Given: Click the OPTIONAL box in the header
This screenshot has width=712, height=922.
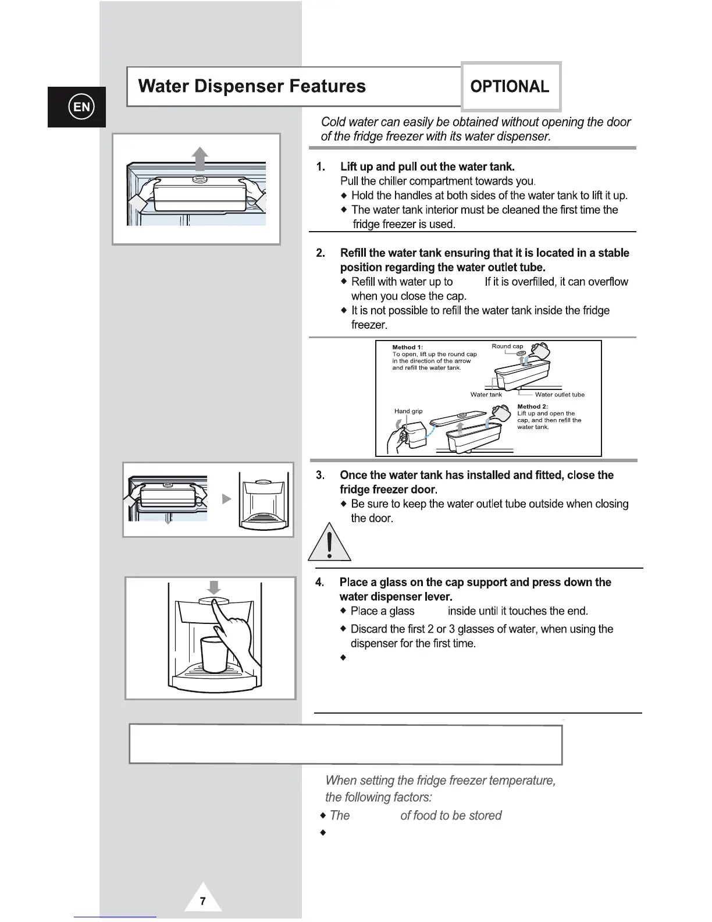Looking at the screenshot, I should click(x=510, y=87).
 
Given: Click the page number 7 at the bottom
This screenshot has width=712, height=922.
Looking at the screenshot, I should click(x=202, y=902).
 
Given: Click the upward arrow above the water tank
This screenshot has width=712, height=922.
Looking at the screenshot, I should click(x=200, y=159).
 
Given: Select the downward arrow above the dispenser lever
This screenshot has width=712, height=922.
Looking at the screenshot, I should click(x=214, y=586).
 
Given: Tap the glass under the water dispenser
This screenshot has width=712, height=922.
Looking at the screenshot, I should click(x=214, y=654).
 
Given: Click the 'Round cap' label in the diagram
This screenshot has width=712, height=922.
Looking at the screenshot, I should click(x=507, y=346).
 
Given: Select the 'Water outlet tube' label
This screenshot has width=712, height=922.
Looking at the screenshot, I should click(x=560, y=395).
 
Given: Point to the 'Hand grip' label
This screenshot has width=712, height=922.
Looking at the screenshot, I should click(x=408, y=411).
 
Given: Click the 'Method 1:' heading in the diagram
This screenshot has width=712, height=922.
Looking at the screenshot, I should click(x=407, y=347).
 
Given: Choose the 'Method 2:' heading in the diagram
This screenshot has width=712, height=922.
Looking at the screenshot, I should click(x=532, y=406).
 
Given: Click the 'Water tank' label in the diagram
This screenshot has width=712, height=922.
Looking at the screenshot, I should click(x=486, y=395).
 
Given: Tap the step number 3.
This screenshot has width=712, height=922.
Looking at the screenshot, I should click(x=320, y=475).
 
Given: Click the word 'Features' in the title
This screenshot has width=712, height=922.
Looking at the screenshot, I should click(x=327, y=86).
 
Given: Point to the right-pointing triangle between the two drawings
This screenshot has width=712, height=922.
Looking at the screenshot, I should click(x=227, y=499).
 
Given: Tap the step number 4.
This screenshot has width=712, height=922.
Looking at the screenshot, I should click(x=319, y=582).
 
